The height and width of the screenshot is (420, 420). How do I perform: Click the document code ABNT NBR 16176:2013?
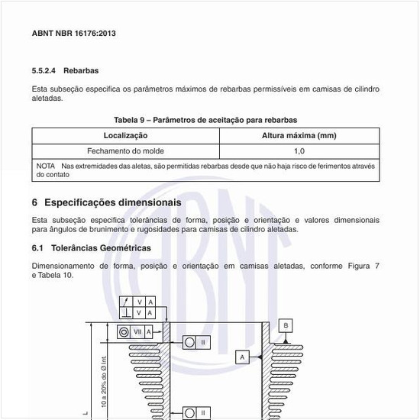(x=73, y=34)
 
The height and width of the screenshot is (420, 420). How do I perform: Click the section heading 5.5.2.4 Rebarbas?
(x=65, y=70)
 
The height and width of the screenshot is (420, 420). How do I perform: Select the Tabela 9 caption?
(x=205, y=120)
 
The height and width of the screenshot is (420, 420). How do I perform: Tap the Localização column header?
(x=125, y=135)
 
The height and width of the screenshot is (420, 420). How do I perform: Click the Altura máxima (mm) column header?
(x=299, y=135)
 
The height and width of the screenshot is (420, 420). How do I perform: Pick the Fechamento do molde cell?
(x=125, y=150)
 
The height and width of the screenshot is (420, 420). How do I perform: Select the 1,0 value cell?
(x=299, y=150)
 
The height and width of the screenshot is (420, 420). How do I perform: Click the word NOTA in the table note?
(x=46, y=166)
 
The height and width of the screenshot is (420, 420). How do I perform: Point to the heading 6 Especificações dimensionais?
(x=106, y=202)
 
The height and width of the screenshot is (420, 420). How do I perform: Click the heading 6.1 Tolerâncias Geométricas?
(x=91, y=248)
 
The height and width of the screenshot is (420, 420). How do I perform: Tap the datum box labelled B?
(x=286, y=325)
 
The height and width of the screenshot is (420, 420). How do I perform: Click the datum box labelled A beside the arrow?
(x=241, y=357)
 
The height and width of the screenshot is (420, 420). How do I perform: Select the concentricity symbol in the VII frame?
(x=127, y=331)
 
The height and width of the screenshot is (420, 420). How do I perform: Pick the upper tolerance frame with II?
(x=196, y=343)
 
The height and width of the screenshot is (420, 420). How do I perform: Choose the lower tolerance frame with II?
(x=196, y=412)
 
